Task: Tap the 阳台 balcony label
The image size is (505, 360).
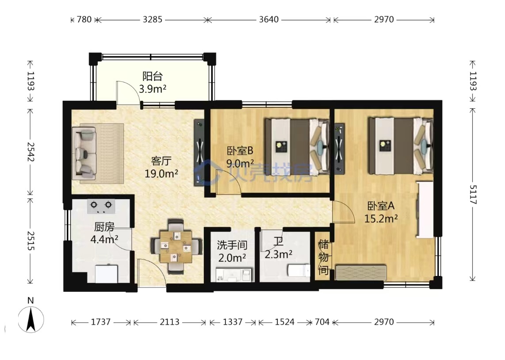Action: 152,77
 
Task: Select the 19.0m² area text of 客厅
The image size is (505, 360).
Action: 161,174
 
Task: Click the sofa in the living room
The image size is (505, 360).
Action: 84,153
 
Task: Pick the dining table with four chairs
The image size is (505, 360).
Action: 176,247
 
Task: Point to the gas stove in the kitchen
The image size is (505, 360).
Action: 101,207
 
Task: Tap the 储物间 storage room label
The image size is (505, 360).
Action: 323,257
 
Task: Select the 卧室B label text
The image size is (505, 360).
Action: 240,150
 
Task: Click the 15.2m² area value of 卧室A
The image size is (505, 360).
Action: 381,219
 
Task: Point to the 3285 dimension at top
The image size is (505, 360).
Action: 152,19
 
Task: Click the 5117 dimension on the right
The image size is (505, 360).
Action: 472,195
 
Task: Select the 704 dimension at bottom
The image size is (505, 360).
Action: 322,322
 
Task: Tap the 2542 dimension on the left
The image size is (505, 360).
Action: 31,152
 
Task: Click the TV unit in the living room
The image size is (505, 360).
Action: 199,153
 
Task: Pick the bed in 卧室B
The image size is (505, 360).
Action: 297,147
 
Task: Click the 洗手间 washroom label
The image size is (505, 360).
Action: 232,245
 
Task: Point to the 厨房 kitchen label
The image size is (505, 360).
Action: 104,227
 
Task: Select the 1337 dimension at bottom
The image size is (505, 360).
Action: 233,322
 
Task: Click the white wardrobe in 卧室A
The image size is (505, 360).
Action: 425,210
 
